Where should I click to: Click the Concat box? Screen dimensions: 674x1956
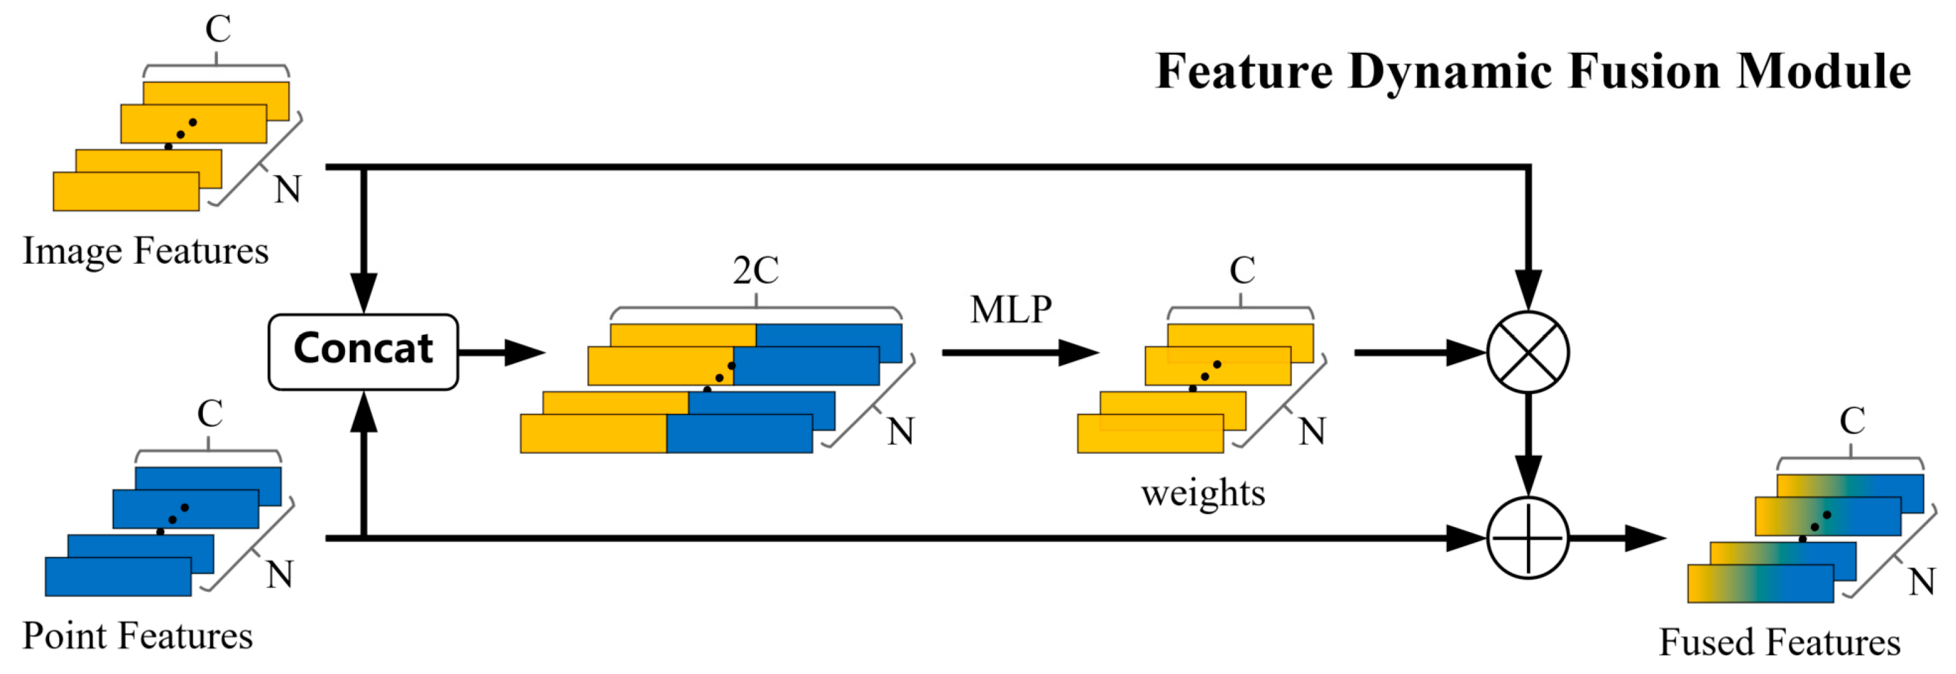pyautogui.click(x=363, y=352)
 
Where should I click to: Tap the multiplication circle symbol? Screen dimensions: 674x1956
pyautogui.click(x=1527, y=352)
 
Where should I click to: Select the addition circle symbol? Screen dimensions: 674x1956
pyautogui.click(x=1527, y=538)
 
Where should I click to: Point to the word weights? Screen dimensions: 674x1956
pyautogui.click(x=1203, y=494)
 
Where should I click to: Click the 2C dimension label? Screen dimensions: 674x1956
pyautogui.click(x=756, y=270)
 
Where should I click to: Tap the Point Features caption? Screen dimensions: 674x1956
pyautogui.click(x=138, y=636)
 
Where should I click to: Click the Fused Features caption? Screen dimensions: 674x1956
pyautogui.click(x=1779, y=642)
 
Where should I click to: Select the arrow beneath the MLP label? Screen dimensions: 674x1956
pyautogui.click(x=1019, y=352)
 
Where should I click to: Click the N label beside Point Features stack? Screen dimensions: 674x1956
pyautogui.click(x=280, y=574)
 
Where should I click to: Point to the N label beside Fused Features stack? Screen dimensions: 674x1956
pyautogui.click(x=1922, y=582)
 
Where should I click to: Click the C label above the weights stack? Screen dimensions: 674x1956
pyautogui.click(x=1241, y=271)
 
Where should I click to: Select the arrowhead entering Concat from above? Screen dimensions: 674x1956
pyautogui.click(x=364, y=293)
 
